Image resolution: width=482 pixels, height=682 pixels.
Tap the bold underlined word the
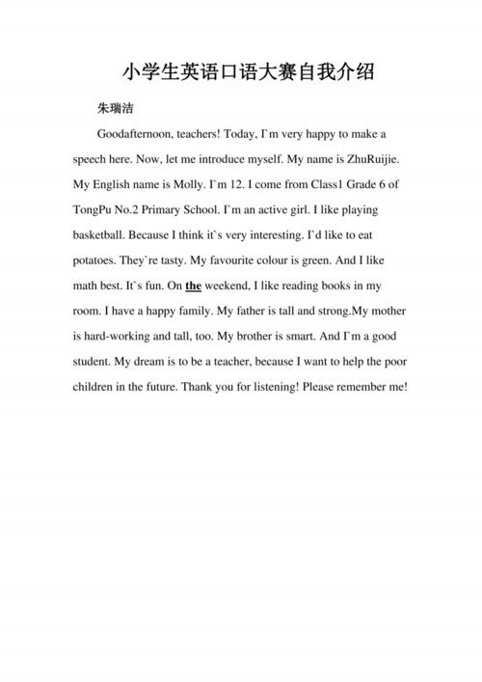click(193, 286)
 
